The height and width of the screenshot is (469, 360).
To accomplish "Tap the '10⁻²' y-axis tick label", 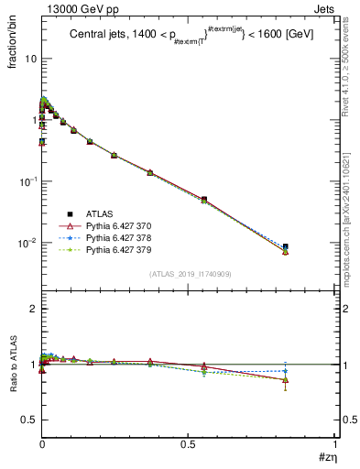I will point(27,243).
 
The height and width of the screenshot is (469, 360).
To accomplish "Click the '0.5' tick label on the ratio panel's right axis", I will point(344,420).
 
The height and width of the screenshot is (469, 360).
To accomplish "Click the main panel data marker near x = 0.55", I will point(203,199).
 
